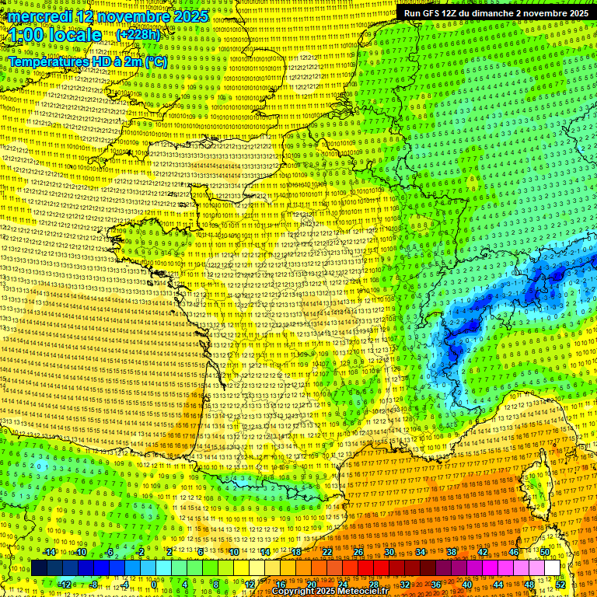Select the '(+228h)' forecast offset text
coord(139,35)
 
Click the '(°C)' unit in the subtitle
coord(154,61)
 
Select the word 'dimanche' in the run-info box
coord(499,13)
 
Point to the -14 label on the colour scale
coord(48,552)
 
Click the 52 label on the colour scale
coord(560,584)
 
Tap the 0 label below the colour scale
coord(154,584)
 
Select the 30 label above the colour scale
coord(389,552)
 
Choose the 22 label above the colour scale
coord(327,552)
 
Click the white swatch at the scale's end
coord(552,568)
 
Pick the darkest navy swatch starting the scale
coord(39,568)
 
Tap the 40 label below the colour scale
coord(467,584)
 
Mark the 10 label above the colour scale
coord(233,552)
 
